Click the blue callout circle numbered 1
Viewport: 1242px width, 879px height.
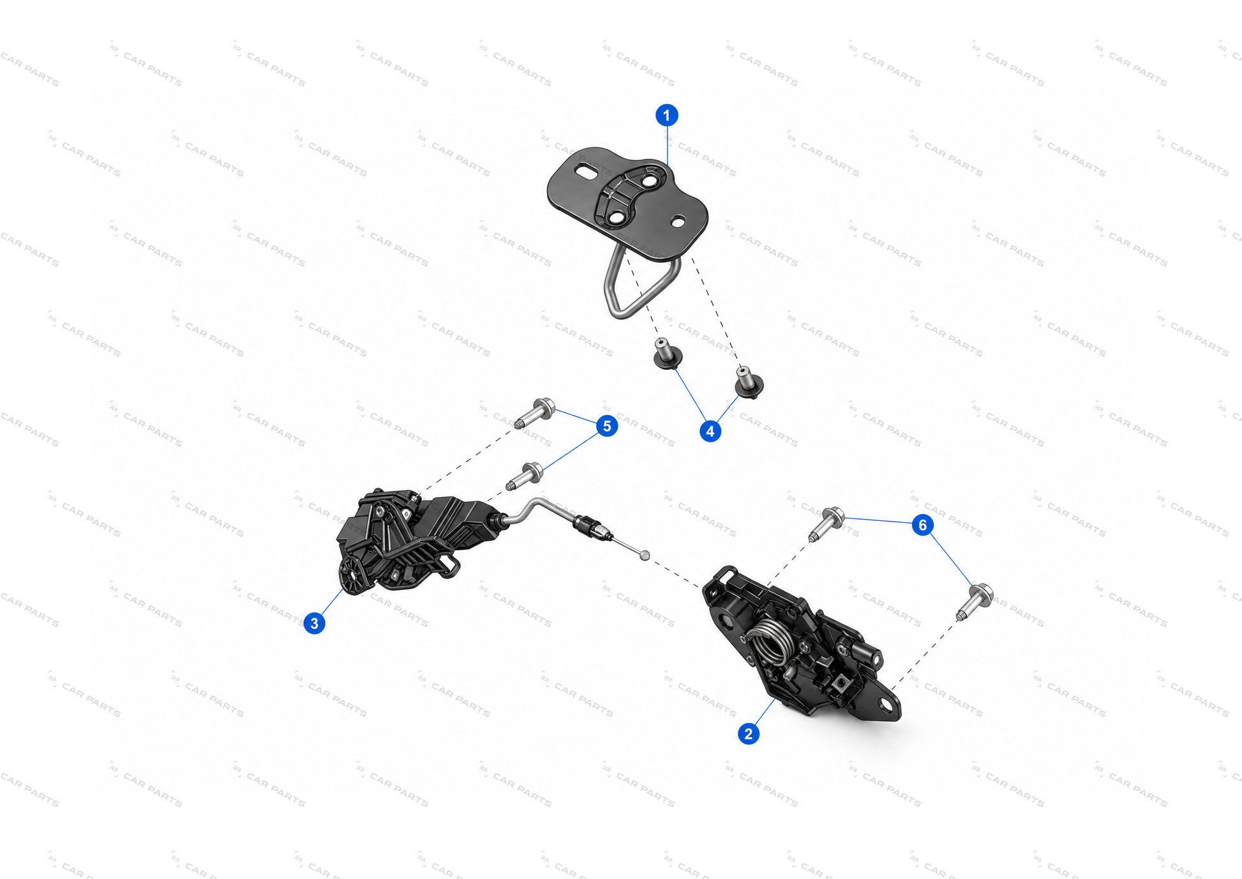[x=667, y=116]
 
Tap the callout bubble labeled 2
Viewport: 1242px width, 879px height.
[x=749, y=733]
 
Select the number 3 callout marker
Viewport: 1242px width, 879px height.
[x=314, y=623]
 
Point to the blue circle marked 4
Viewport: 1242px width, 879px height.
[x=710, y=431]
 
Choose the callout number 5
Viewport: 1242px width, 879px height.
[x=607, y=426]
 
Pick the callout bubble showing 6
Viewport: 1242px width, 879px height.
[x=922, y=525]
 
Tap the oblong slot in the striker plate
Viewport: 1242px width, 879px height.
[x=585, y=171]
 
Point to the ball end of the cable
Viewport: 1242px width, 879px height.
[x=645, y=555]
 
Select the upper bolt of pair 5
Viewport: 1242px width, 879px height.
[x=535, y=413]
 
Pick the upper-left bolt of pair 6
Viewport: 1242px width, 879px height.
[x=827, y=524]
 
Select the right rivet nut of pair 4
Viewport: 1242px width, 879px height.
[x=749, y=382]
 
